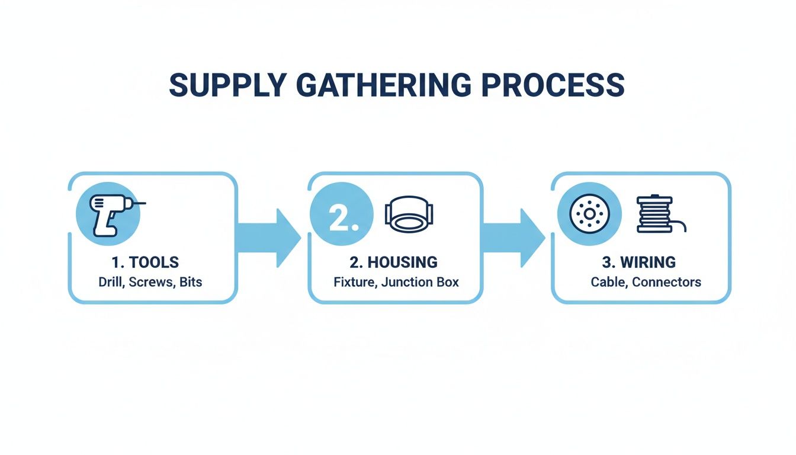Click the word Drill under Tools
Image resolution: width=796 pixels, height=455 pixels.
pos(110,282)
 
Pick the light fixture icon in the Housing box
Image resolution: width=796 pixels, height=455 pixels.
pos(409,213)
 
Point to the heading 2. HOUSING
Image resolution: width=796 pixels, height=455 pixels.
pos(394,262)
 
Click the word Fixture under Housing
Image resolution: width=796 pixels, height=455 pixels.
pos(355,282)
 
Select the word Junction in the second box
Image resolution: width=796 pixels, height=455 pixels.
pos(407,282)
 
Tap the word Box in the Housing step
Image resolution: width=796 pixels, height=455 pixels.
pos(448,282)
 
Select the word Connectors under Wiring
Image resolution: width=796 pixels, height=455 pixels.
pos(666,282)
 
